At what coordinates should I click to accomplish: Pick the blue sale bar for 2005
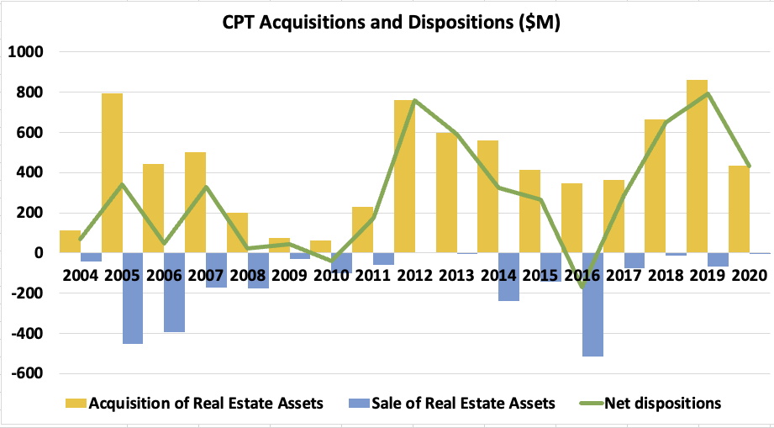click(x=133, y=298)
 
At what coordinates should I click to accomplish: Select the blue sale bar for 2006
click(x=174, y=292)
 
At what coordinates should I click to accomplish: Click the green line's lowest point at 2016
click(x=583, y=287)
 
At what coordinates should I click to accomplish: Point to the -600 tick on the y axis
click(x=26, y=373)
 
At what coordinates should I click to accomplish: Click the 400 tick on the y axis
click(x=29, y=172)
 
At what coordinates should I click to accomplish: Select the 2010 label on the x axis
click(x=331, y=275)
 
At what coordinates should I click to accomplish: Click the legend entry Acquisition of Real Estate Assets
click(x=195, y=404)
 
